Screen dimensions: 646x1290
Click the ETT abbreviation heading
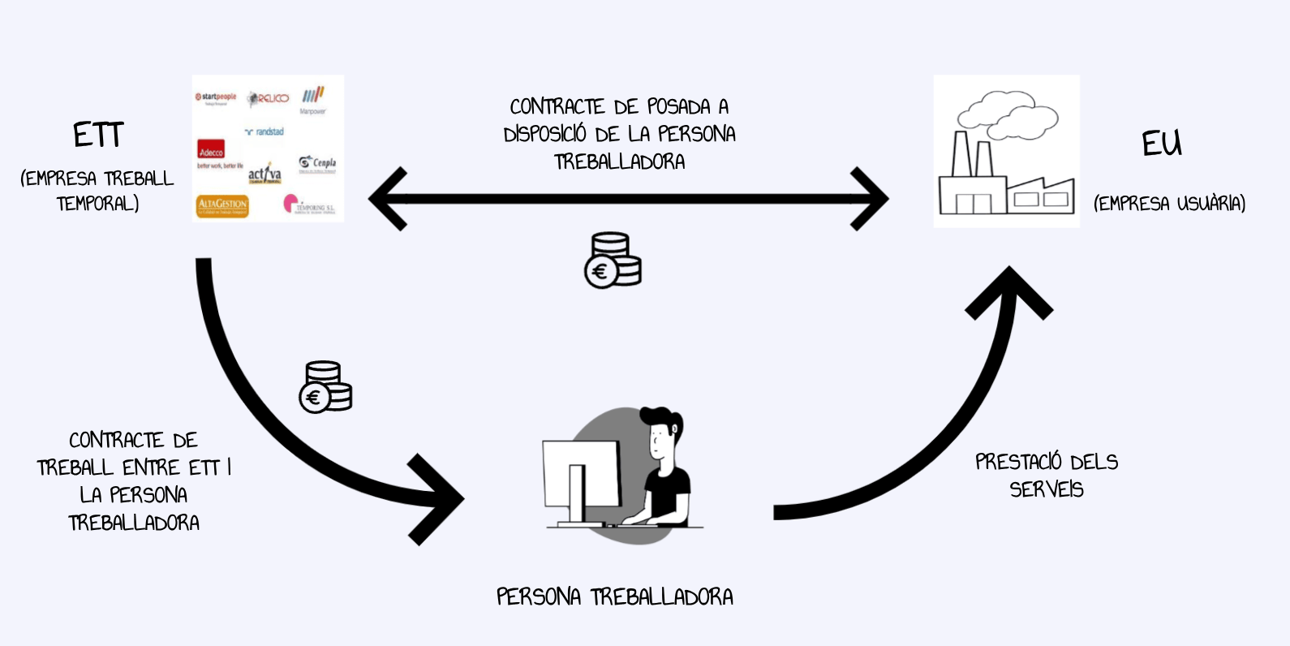point(98,135)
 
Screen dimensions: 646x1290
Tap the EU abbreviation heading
point(1162,144)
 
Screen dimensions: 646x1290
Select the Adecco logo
point(211,151)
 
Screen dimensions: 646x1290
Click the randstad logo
point(264,131)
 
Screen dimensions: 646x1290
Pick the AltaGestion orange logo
point(222,206)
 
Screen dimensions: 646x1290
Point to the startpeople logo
point(215,97)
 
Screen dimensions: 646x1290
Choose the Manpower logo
point(313,99)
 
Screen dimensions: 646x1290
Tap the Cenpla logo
point(317,164)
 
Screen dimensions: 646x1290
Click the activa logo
point(264,174)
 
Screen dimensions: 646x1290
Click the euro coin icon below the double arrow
point(613,261)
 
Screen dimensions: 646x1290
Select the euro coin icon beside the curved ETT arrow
point(325,387)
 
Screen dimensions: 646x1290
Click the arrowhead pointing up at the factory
point(1008,293)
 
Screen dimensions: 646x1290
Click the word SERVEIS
point(1047,489)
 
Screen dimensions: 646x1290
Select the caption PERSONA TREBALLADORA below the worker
point(615,597)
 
